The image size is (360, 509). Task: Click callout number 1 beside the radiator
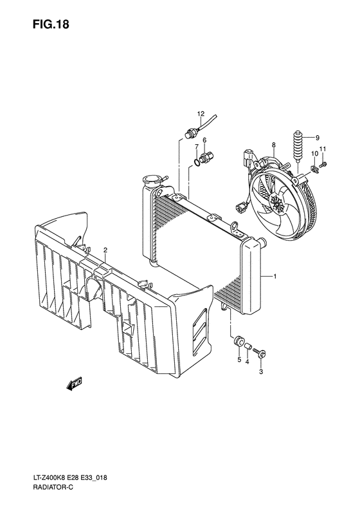pyautogui.click(x=275, y=276)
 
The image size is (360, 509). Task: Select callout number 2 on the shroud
pyautogui.click(x=105, y=250)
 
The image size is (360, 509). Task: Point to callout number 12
pyautogui.click(x=200, y=114)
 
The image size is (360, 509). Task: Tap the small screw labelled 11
pyautogui.click(x=323, y=166)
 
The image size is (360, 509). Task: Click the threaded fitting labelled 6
pyautogui.click(x=206, y=156)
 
